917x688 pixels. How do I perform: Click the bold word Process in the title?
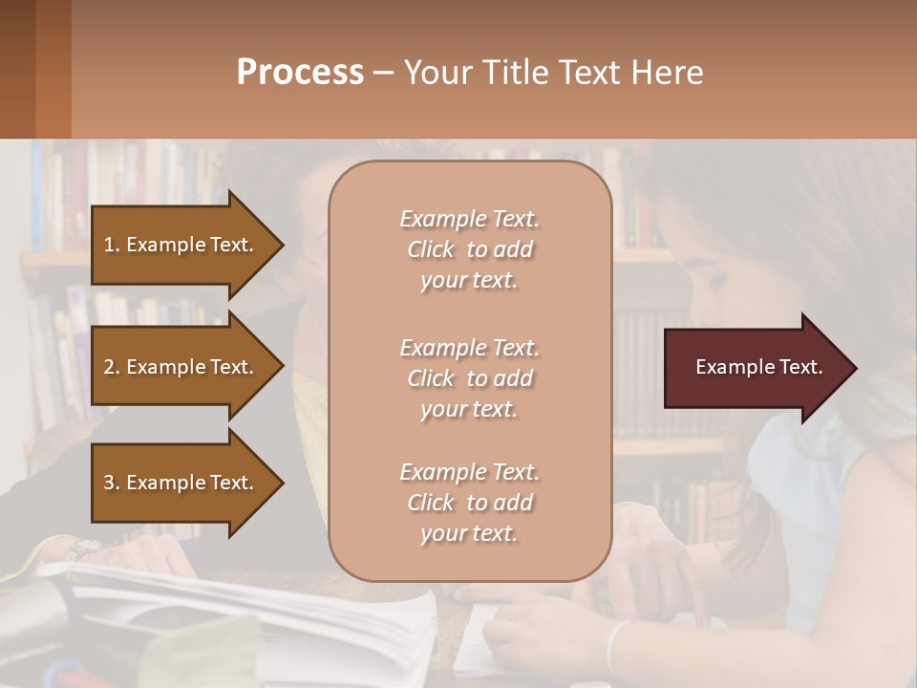pyautogui.click(x=300, y=73)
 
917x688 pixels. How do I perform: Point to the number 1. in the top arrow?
pyautogui.click(x=112, y=245)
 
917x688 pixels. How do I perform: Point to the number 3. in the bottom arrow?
pyautogui.click(x=112, y=483)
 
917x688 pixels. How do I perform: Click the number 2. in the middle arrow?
pyautogui.click(x=112, y=367)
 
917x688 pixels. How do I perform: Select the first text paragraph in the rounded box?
pyautogui.click(x=469, y=249)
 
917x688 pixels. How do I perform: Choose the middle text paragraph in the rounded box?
pyautogui.click(x=469, y=378)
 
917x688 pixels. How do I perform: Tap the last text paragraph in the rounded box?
pyautogui.click(x=469, y=503)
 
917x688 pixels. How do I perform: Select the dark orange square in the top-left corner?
pyautogui.click(x=35, y=69)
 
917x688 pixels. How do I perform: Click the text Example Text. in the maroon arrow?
pyautogui.click(x=758, y=367)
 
